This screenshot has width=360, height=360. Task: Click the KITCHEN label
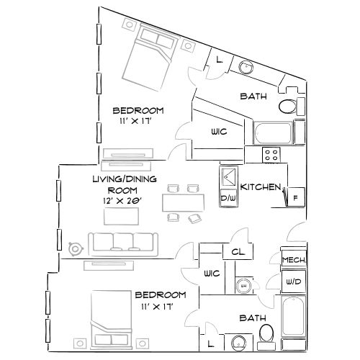point(260,187)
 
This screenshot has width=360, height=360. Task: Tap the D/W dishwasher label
point(228,198)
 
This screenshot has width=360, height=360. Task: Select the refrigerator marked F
point(293,197)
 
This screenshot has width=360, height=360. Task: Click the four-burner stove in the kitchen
point(271,154)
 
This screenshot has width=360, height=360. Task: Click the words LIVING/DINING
point(122,179)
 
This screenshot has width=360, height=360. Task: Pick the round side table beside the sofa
point(76,248)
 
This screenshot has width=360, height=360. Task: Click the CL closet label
point(236,252)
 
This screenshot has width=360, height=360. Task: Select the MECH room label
point(292,261)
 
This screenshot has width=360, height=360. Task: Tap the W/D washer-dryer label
point(292,282)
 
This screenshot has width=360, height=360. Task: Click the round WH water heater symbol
point(243,287)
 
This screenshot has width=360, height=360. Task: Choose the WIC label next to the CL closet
point(211,274)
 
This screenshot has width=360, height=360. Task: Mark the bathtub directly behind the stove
point(272,133)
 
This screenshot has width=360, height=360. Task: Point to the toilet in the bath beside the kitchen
point(287,107)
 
